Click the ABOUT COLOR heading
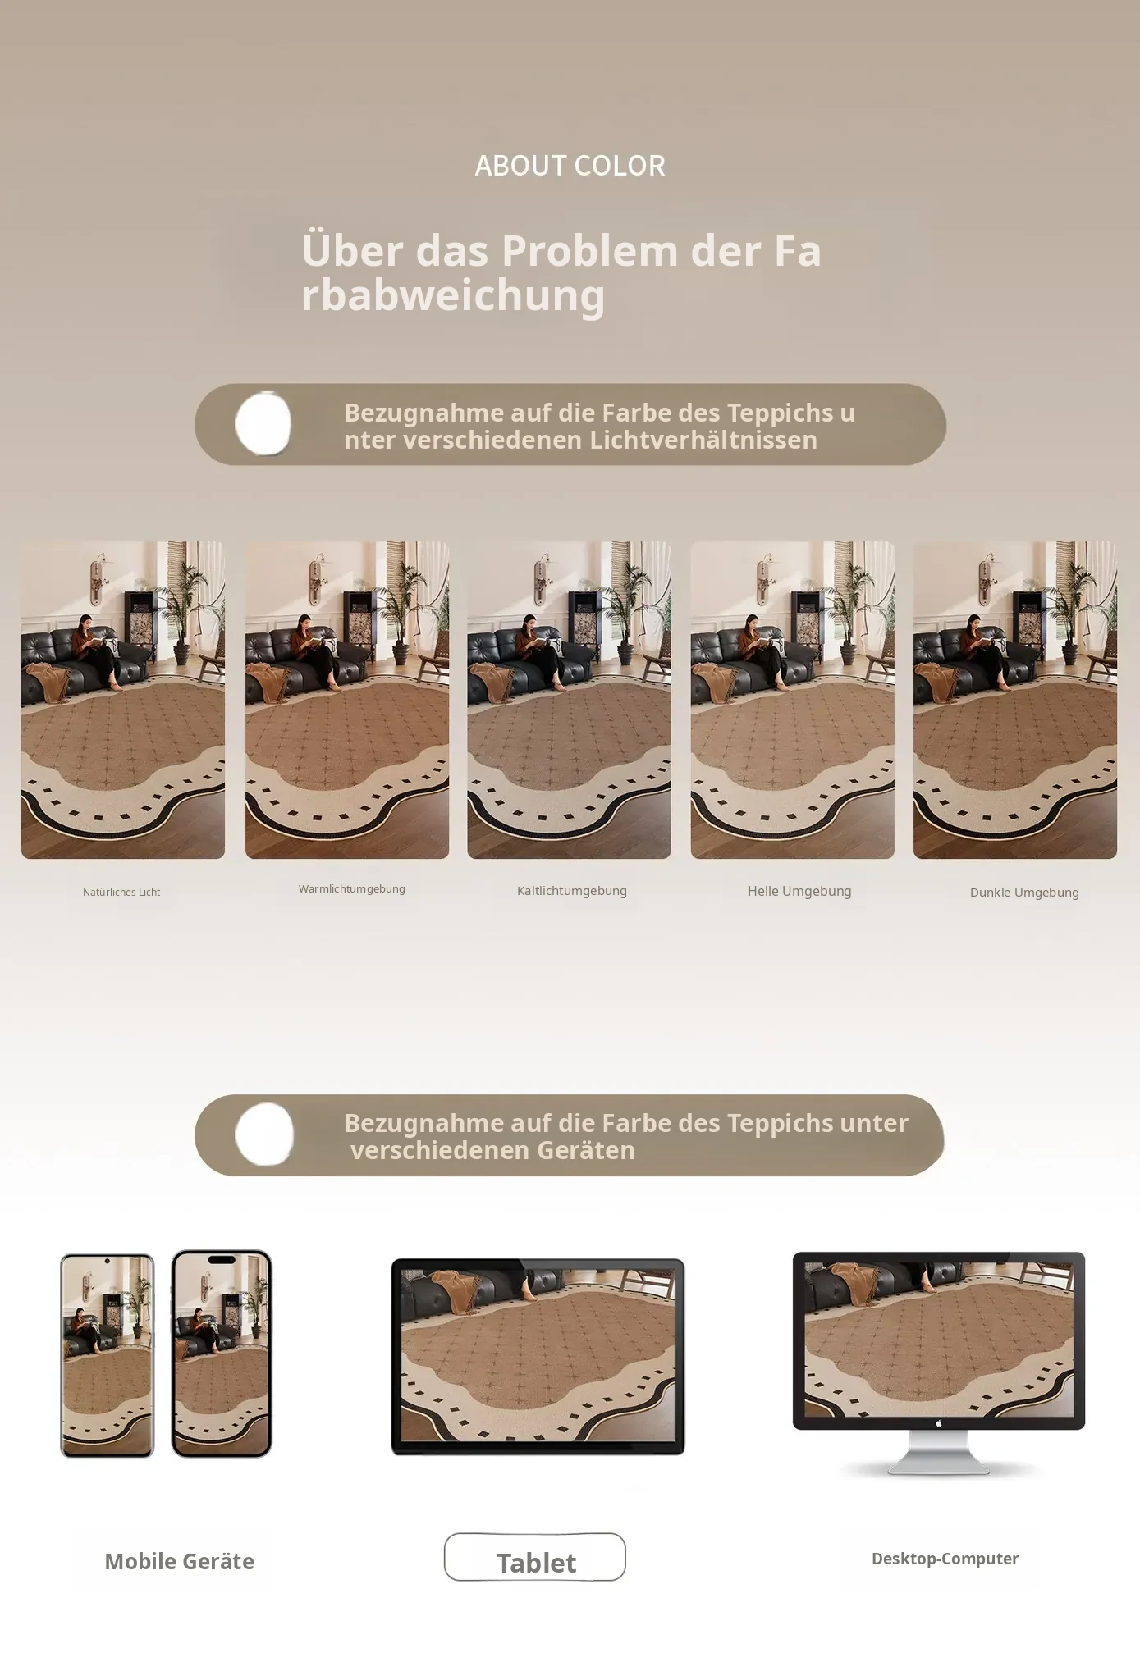point(570,166)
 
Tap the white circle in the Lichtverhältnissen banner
point(263,423)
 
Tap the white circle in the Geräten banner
point(264,1134)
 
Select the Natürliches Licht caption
point(121,892)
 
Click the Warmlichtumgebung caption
point(351,889)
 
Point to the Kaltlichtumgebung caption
point(572,891)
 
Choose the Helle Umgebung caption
point(799,891)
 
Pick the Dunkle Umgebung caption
point(1024,892)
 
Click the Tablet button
point(535,1557)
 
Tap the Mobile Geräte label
point(179,1561)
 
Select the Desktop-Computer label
point(945,1559)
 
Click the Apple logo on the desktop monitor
point(939,1423)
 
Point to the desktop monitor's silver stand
point(939,1453)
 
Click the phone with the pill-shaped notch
point(222,1354)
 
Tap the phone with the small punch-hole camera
point(108,1355)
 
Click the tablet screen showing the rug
point(538,1355)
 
